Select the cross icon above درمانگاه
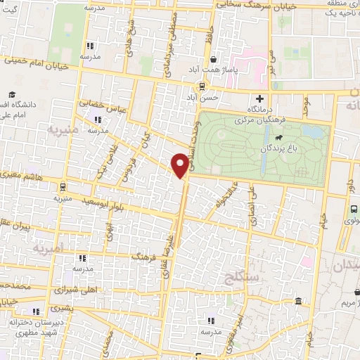click(x=261, y=98)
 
